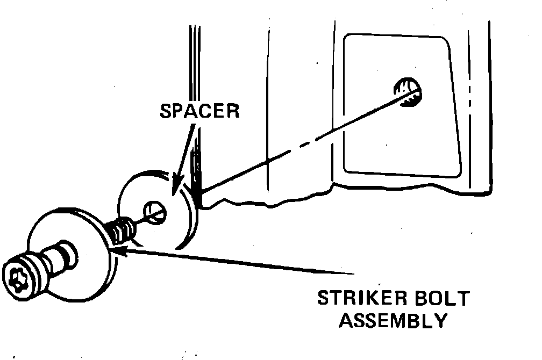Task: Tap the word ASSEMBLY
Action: (395, 321)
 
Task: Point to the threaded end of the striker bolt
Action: (123, 229)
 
